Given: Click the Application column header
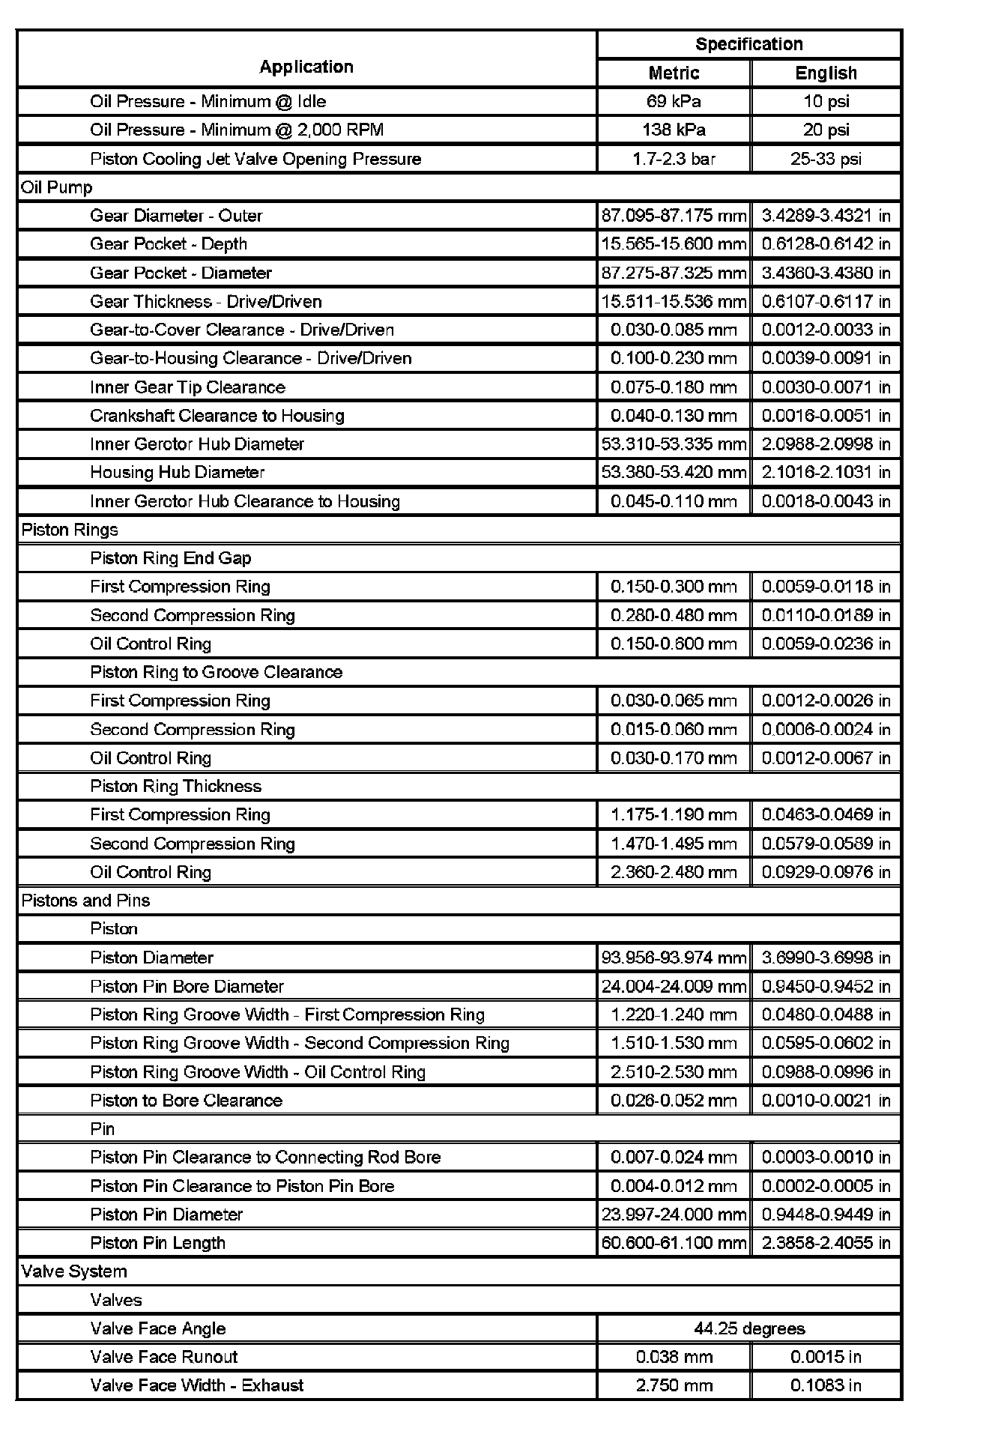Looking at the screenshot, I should [306, 67].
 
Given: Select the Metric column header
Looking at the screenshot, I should [674, 73].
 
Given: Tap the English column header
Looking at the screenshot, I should [826, 73].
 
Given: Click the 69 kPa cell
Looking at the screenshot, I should [674, 101].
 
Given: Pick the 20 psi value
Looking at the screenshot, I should [826, 130].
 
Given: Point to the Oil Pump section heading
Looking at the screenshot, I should [57, 187].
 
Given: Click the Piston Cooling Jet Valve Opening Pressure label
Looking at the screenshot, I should [255, 159].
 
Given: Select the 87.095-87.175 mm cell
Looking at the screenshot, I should [674, 216].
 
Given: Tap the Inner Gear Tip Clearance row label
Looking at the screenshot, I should [187, 387].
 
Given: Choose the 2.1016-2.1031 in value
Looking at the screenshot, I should [826, 472].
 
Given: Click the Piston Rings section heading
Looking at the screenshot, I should [70, 530].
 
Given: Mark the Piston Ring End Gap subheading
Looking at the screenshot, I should [171, 558].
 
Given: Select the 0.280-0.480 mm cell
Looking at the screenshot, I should [674, 615].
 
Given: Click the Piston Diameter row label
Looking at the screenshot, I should [151, 958].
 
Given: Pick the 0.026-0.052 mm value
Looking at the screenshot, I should [674, 1100].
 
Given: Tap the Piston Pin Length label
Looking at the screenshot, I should [157, 1243].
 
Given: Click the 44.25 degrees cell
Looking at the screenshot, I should [749, 1328].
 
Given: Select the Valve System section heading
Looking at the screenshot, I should [74, 1271].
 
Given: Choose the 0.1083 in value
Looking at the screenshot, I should [826, 1385].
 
